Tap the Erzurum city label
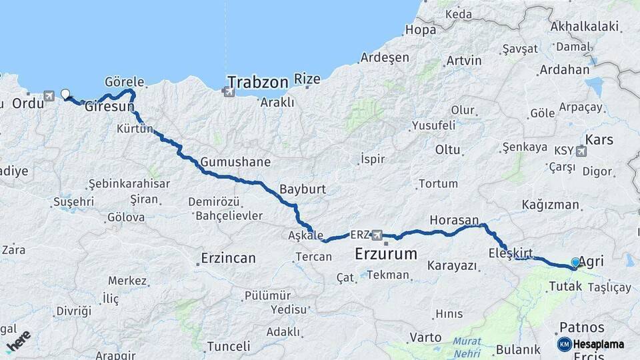(386, 254)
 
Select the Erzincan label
(229, 258)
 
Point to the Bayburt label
(303, 189)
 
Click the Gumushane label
(236, 162)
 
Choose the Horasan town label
(455, 220)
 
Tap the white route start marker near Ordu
(65, 94)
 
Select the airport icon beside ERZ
(378, 235)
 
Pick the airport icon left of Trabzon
(229, 91)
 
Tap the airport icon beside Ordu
(49, 96)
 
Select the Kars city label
(599, 140)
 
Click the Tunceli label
(229, 346)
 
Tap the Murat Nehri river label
(467, 345)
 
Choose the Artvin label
(464, 61)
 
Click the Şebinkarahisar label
(129, 184)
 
